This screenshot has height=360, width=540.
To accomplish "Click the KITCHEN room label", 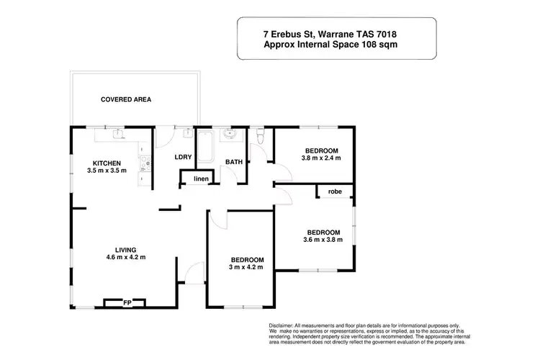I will click(x=106, y=163).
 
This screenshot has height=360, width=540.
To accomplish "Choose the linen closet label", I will click(x=201, y=178).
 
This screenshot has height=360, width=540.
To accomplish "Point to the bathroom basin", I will click(x=231, y=135).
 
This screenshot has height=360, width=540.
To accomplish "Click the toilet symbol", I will click(x=261, y=135).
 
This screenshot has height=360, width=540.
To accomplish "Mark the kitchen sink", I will click(x=118, y=133).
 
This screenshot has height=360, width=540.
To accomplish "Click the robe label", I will click(x=335, y=192).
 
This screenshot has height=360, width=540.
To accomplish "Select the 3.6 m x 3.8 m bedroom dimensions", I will click(x=323, y=240).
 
